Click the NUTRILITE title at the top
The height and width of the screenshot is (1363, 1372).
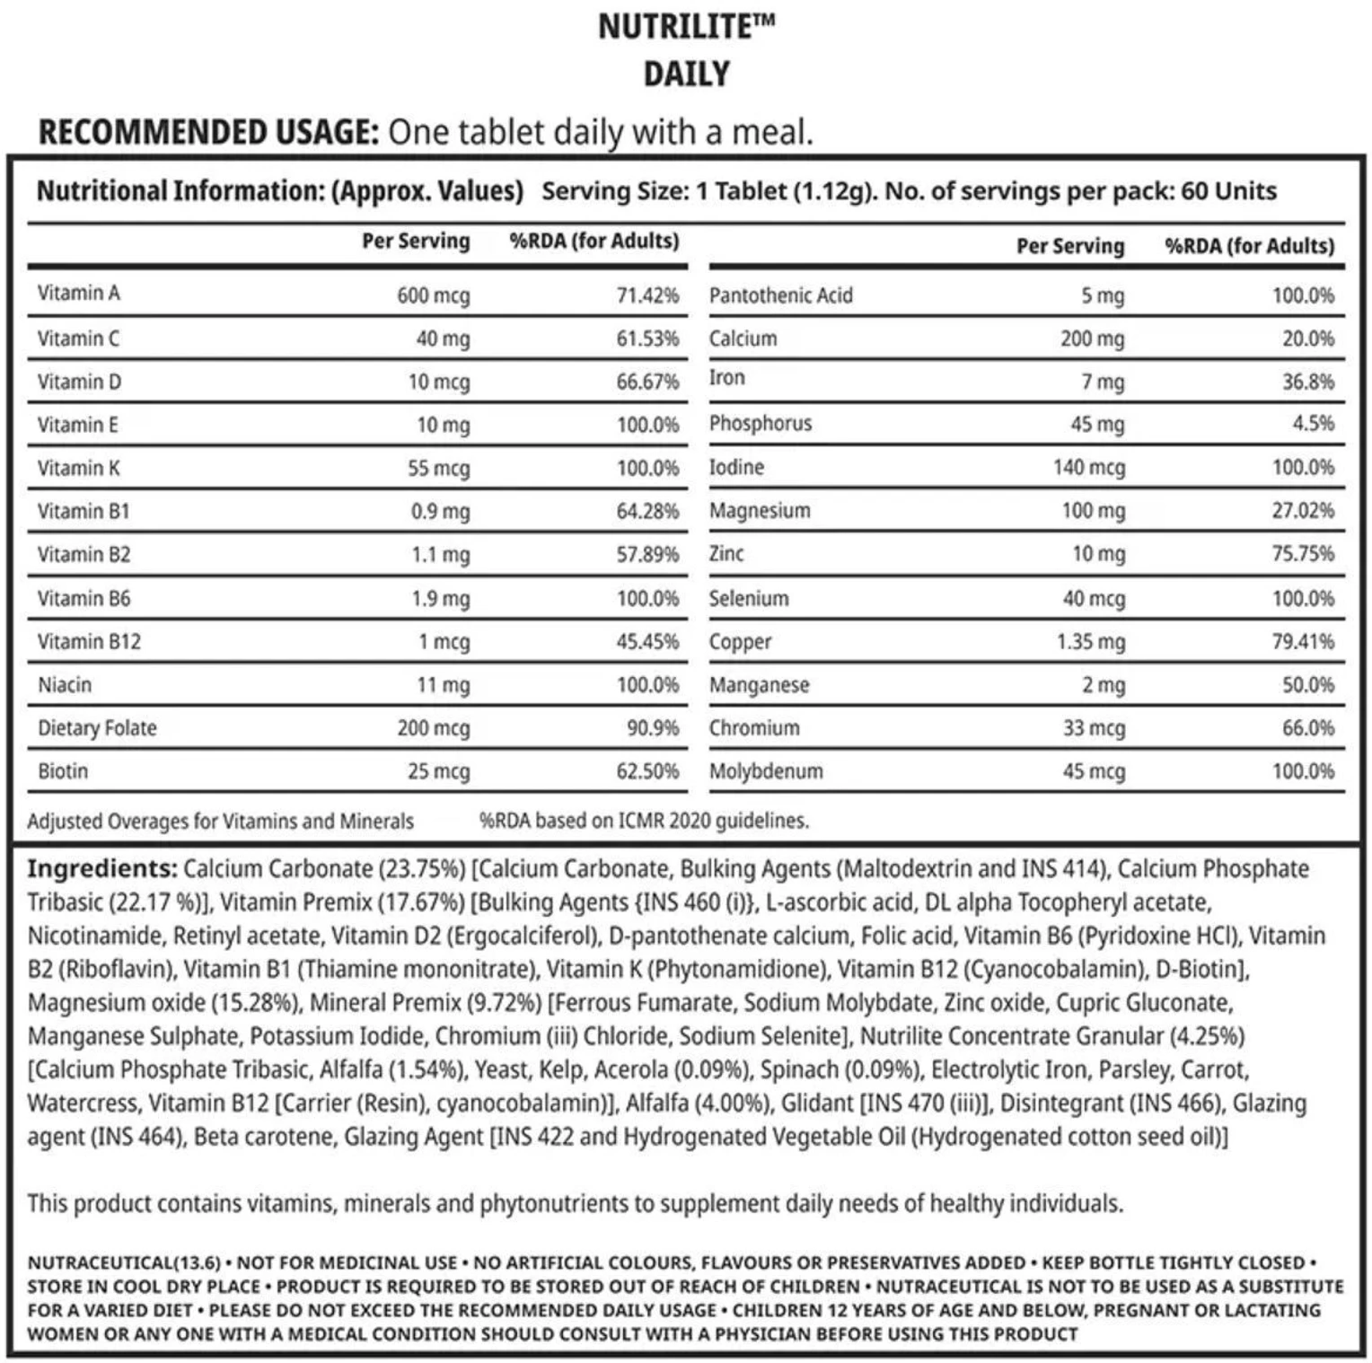click(686, 27)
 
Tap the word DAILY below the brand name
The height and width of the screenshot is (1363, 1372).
click(686, 74)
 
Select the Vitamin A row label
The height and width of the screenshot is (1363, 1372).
click(79, 294)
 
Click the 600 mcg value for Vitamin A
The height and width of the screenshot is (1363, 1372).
click(433, 295)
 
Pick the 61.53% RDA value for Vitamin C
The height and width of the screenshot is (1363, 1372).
click(646, 339)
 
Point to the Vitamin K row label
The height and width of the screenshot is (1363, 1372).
click(79, 468)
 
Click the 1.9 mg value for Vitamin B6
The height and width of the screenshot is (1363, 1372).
click(440, 598)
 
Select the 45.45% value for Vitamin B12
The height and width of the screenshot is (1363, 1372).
click(646, 641)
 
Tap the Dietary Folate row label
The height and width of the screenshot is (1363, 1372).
click(97, 727)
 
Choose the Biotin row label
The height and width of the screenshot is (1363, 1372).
click(63, 770)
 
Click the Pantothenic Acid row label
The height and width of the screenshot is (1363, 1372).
click(780, 295)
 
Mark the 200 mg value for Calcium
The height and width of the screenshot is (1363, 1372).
click(1092, 339)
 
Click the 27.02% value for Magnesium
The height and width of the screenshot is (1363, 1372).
click(1302, 510)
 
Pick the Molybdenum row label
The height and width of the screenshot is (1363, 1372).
click(766, 770)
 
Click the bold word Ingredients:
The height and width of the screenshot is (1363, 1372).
click(101, 868)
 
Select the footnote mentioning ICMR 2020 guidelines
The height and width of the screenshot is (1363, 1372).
click(644, 820)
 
